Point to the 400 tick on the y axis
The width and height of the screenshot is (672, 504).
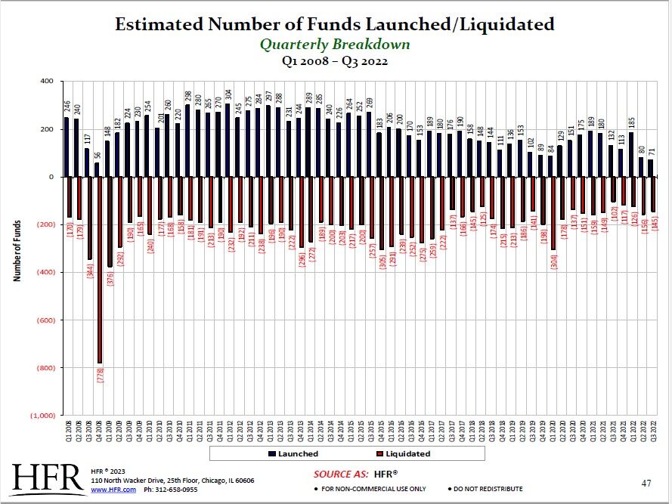[x=46, y=81]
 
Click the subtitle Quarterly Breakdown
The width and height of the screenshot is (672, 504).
[x=335, y=44]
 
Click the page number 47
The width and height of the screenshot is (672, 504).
[x=646, y=482]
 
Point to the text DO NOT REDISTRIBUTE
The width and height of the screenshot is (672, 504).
[x=488, y=489]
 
